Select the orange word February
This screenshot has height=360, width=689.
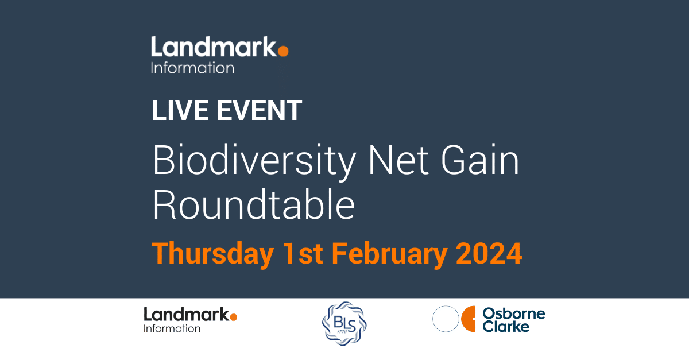coord(390,254)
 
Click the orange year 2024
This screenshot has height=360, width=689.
coord(489,254)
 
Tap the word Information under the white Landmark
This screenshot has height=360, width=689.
coord(192,68)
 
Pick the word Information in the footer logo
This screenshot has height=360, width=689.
coord(172,329)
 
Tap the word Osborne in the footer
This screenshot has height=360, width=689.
coord(514,313)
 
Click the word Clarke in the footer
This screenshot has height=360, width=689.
coord(506,327)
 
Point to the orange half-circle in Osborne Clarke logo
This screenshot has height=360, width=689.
coord(470,319)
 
